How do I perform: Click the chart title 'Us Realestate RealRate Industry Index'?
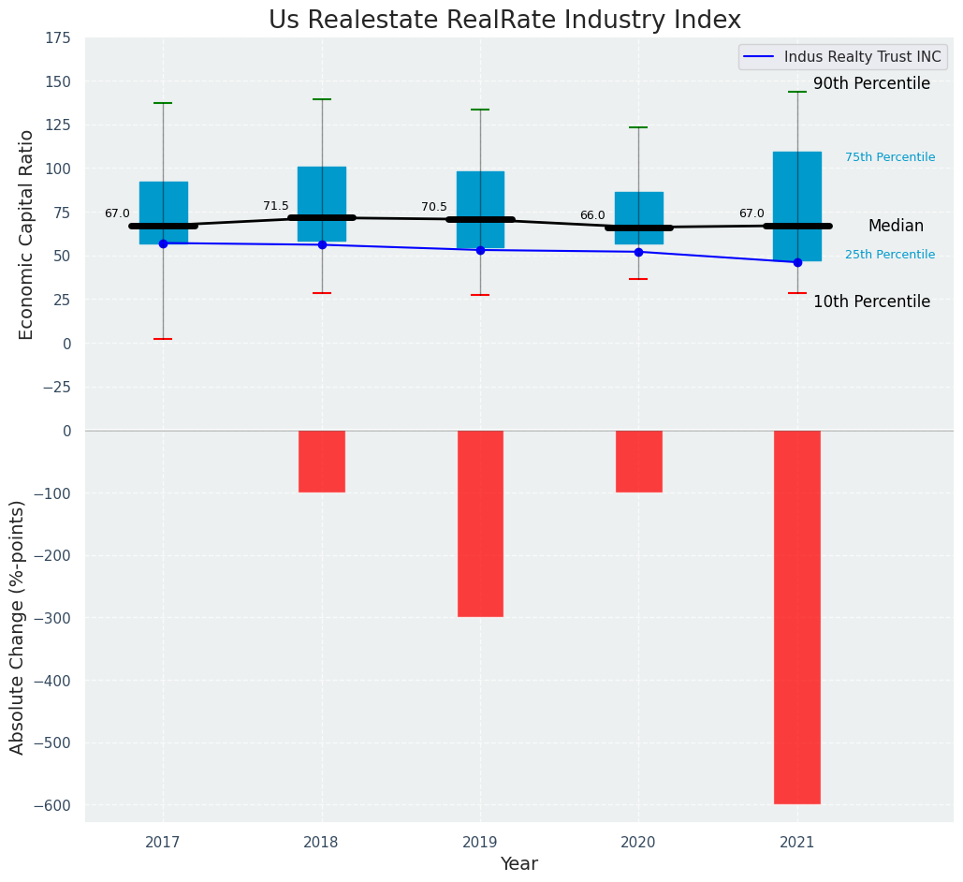[x=504, y=21]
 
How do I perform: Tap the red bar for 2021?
[x=796, y=617]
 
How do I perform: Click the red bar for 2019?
[x=480, y=523]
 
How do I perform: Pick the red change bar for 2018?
[x=322, y=462]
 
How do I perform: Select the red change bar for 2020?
[x=638, y=462]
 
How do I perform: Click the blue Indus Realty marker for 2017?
[x=163, y=243]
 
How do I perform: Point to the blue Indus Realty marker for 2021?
[x=797, y=262]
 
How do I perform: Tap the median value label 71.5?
[x=276, y=206]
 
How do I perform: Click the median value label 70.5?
[x=434, y=207]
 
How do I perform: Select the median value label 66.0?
[x=592, y=215]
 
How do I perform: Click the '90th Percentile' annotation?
[x=871, y=84]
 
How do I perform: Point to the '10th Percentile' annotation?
[x=871, y=301]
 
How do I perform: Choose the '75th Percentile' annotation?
[x=890, y=157]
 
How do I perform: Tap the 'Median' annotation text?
[x=896, y=226]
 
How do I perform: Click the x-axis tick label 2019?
[x=480, y=843]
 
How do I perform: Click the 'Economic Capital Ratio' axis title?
[x=27, y=234]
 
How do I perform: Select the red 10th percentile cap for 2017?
[x=163, y=339]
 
